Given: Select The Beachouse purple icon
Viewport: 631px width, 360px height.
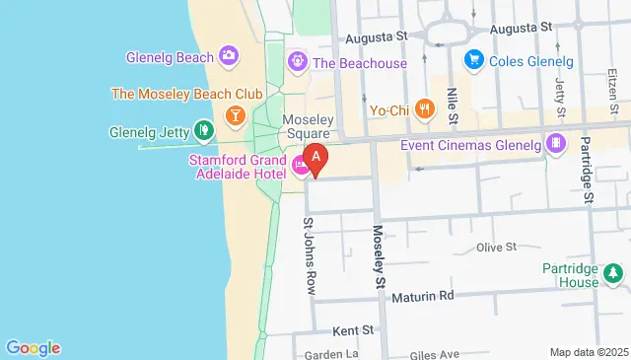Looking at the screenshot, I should tap(297, 63).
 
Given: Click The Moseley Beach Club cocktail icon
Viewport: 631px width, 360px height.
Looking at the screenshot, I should tap(235, 115).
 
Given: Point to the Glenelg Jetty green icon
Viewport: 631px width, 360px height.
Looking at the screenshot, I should tap(203, 129).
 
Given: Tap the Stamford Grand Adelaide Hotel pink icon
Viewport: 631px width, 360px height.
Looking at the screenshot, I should tap(299, 166).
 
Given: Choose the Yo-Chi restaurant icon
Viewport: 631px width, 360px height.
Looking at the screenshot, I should tap(425, 108).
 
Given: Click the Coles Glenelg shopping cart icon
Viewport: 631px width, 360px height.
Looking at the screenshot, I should tap(473, 59).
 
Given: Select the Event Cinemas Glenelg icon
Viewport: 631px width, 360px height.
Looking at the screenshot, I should tap(557, 145).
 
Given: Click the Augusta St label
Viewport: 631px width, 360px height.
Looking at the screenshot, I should tap(376, 37).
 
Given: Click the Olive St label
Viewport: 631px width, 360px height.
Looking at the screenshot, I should tap(496, 248).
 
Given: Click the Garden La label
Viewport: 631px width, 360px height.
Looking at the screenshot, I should tap(331, 354).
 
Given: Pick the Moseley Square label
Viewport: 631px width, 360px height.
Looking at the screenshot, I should tap(308, 126).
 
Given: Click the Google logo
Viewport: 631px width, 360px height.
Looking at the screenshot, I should tap(34, 347).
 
